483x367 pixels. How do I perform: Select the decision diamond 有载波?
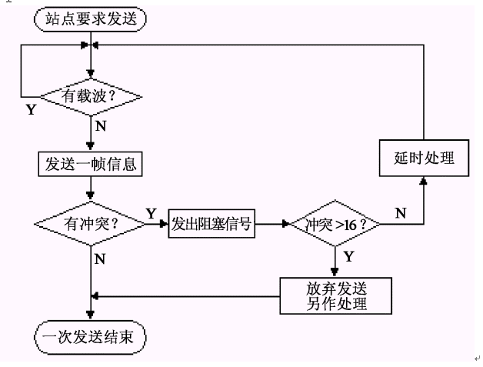[92, 97]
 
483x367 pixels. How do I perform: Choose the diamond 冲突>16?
[336, 225]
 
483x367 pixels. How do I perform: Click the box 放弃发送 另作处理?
[335, 295]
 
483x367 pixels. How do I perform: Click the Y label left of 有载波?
[31, 109]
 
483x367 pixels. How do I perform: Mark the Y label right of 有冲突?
[151, 212]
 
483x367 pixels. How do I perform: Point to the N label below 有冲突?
[101, 259]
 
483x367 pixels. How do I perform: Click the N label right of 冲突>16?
[401, 213]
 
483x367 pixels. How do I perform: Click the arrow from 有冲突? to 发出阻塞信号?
[157, 225]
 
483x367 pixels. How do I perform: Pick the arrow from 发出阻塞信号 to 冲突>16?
[271, 225]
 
